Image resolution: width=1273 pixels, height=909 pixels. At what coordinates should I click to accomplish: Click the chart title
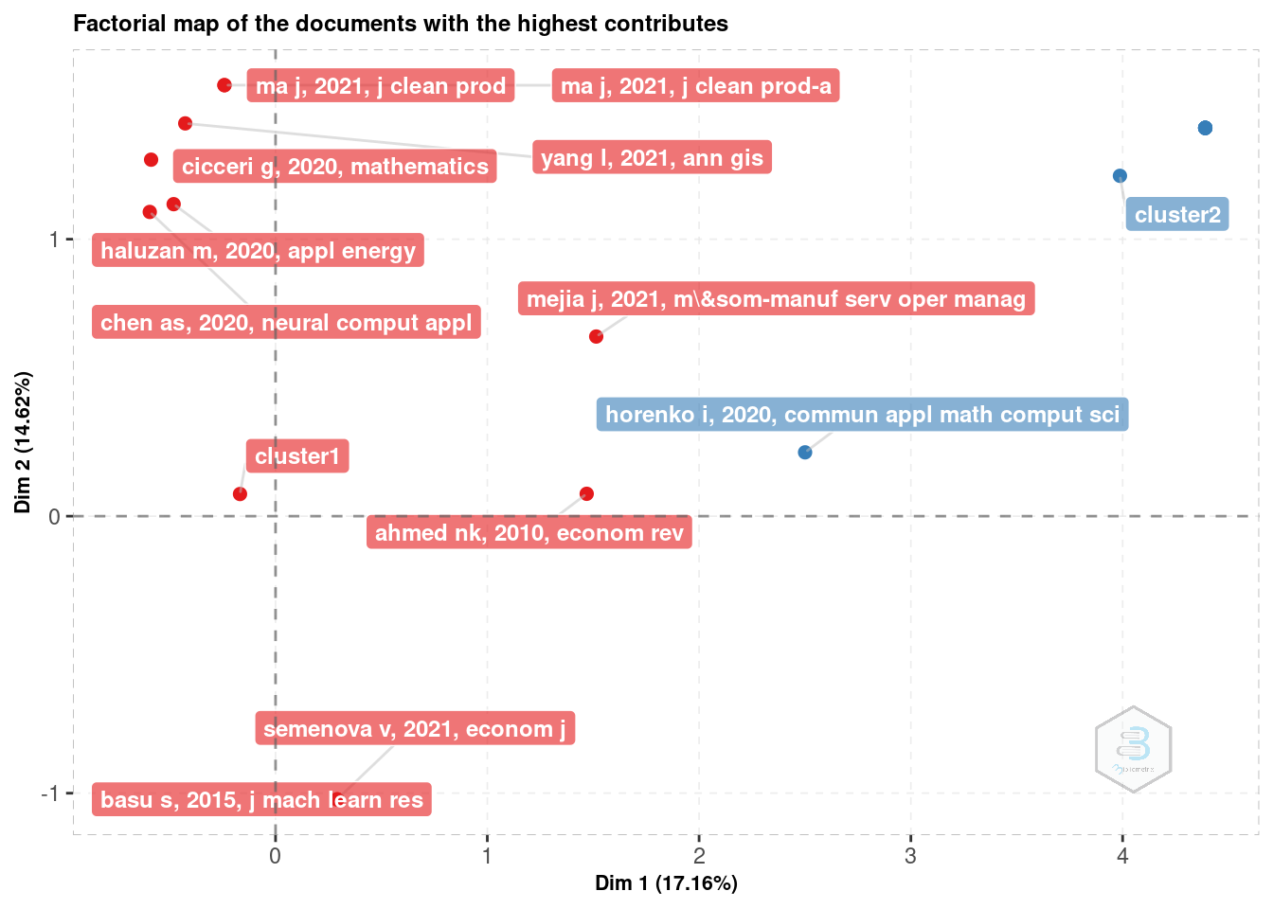401,24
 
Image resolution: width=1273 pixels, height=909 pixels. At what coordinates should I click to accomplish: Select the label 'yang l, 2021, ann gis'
652,157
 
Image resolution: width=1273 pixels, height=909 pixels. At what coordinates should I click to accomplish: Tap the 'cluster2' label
1177,214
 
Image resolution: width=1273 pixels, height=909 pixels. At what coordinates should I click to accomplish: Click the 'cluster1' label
297,456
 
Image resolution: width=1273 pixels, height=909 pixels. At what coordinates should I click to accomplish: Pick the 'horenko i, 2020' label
862,415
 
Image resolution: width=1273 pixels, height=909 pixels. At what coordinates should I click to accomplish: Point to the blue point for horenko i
805,453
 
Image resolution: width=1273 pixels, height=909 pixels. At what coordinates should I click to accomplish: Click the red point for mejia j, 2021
596,337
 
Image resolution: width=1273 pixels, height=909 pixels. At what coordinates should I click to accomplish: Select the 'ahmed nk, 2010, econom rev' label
529,532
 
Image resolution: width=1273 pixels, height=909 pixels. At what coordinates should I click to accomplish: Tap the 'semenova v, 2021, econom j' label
415,728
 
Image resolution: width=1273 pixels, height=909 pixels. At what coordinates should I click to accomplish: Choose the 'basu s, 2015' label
261,800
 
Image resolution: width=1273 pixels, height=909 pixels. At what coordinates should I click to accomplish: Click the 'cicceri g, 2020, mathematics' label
335,167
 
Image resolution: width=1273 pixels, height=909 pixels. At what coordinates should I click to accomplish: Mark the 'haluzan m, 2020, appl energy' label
258,251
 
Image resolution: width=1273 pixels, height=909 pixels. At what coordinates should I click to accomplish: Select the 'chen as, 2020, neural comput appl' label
286,322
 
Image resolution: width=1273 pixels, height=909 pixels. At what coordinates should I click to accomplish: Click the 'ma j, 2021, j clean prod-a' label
696,86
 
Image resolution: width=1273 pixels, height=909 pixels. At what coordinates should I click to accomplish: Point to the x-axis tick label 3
910,857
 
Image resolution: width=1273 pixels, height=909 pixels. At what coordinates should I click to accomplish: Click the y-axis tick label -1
49,793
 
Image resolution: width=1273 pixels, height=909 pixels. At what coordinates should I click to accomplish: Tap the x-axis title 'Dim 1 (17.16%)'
666,883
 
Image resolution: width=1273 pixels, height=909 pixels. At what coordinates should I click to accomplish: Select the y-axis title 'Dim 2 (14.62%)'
24,442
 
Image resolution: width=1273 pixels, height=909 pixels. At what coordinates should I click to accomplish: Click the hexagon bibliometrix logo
1133,750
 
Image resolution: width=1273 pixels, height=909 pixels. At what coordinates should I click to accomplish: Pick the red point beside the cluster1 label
240,494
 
